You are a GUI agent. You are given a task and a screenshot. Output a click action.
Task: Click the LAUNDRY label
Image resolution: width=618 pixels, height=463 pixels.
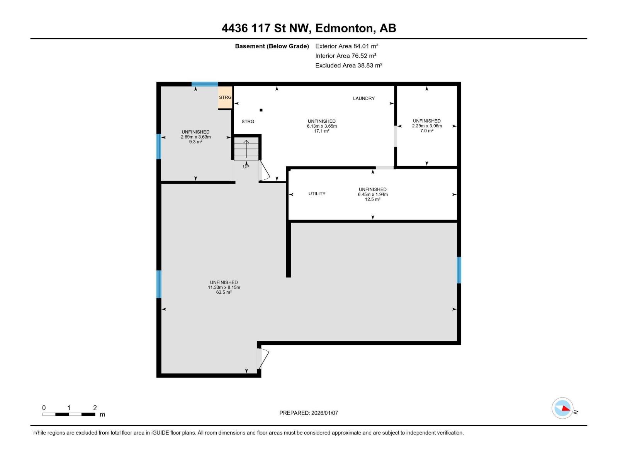point(363,98)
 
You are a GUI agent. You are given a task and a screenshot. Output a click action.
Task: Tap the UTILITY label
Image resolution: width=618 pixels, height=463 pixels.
point(317,194)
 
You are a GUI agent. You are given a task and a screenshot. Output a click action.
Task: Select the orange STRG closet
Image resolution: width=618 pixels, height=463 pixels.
point(225,98)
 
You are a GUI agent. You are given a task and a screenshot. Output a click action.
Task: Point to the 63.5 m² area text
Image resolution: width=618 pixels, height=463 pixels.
point(224,292)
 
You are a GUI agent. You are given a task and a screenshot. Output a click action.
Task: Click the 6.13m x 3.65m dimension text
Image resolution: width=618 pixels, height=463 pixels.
point(321,126)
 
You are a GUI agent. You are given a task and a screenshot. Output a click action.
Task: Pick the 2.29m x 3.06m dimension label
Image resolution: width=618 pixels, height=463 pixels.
point(426,126)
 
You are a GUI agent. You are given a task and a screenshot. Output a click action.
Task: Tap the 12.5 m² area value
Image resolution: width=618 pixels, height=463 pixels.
point(372,199)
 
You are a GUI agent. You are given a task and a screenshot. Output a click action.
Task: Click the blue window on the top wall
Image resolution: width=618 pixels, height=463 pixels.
point(205,84)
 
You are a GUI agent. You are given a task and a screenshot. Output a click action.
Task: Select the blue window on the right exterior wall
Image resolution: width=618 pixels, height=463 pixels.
point(459,270)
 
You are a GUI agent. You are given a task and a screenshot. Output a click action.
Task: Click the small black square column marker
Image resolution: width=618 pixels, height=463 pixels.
point(261,110)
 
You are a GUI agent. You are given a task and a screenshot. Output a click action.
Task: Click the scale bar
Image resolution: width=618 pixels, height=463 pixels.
point(69,414)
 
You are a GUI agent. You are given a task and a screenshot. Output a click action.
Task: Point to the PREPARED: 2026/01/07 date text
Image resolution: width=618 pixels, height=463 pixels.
point(309,413)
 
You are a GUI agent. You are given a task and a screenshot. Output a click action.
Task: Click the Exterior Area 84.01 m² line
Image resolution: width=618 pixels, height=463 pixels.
point(346,46)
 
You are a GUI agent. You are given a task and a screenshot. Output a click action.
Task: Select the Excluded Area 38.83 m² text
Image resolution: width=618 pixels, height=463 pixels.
point(348,66)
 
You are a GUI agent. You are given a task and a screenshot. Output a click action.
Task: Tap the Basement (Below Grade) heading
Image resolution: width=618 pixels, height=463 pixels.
point(272,46)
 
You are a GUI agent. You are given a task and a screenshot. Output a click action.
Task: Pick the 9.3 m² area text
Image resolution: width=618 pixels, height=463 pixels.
point(195,142)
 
